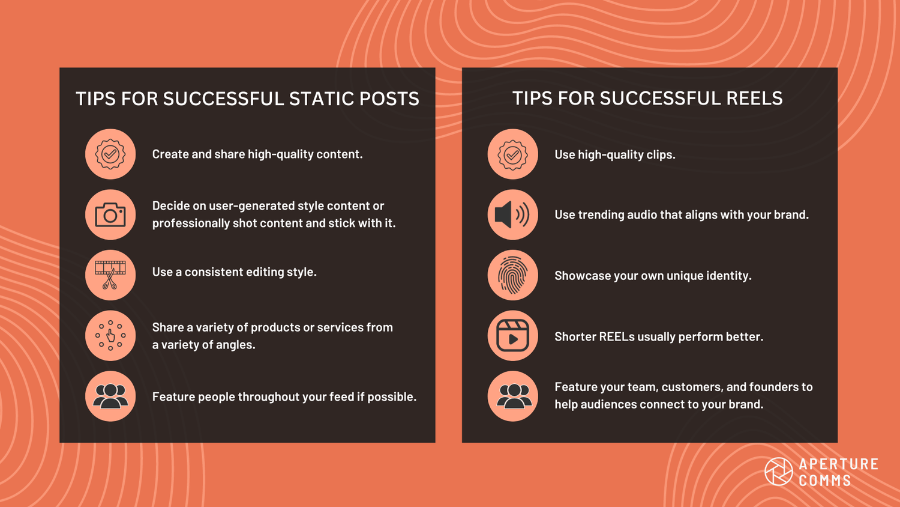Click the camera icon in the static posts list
tap(110, 215)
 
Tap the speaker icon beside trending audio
tap(512, 215)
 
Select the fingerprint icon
tap(512, 276)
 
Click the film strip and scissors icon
tap(110, 275)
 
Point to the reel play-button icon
tap(512, 336)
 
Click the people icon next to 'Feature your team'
tap(512, 396)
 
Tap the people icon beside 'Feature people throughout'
tap(110, 396)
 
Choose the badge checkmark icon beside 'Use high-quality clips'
tap(512, 154)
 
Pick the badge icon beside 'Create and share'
tap(110, 154)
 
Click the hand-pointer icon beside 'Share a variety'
tap(110, 336)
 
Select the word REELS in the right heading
tap(754, 99)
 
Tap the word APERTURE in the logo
tap(839, 464)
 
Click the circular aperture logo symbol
tap(778, 472)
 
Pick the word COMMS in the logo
tap(825, 481)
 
